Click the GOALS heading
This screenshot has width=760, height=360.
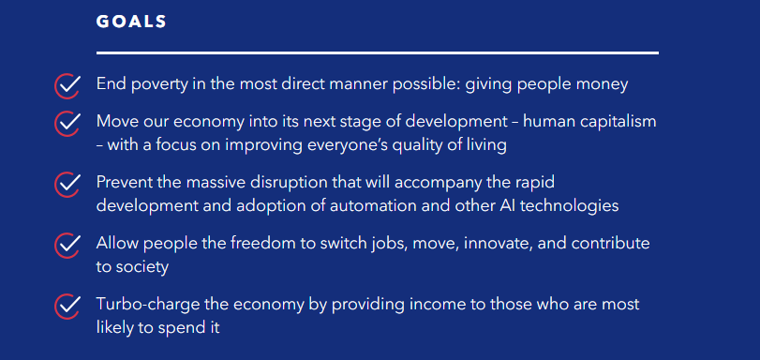131,22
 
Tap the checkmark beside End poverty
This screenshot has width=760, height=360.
67,85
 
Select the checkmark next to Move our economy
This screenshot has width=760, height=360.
67,123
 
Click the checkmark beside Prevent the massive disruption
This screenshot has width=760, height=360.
67,184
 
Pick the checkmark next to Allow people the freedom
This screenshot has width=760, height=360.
67,245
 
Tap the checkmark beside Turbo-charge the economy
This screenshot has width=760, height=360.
67,306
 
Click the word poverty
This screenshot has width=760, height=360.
158,84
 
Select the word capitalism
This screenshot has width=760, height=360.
611,122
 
